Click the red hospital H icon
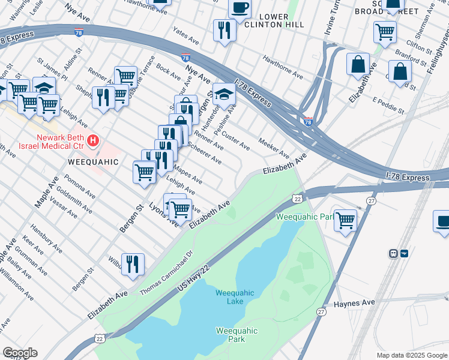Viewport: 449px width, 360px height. point(93,142)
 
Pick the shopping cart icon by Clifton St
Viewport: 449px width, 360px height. point(385,32)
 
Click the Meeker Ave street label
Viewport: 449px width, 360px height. point(274,148)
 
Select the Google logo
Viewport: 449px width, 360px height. point(20,353)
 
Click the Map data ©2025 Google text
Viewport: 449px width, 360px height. point(412,355)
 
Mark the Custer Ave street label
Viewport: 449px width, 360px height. point(236,142)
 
